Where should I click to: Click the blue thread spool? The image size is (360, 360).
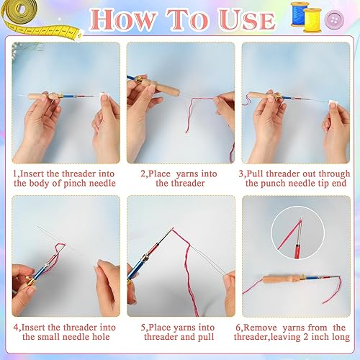(299, 14)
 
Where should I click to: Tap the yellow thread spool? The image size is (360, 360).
(312, 20)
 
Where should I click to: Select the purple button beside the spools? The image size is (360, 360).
(334, 19)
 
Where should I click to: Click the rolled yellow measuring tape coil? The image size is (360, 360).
(19, 12)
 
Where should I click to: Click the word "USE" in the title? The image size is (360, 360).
(247, 20)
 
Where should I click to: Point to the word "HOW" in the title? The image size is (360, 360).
(123, 19)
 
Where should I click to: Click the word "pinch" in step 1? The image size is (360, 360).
(75, 184)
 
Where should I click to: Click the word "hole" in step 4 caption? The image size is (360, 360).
(101, 336)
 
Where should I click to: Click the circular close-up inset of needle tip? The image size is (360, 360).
(297, 233)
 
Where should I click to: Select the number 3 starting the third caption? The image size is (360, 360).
(241, 174)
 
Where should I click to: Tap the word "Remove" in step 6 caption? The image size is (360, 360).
(260, 328)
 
